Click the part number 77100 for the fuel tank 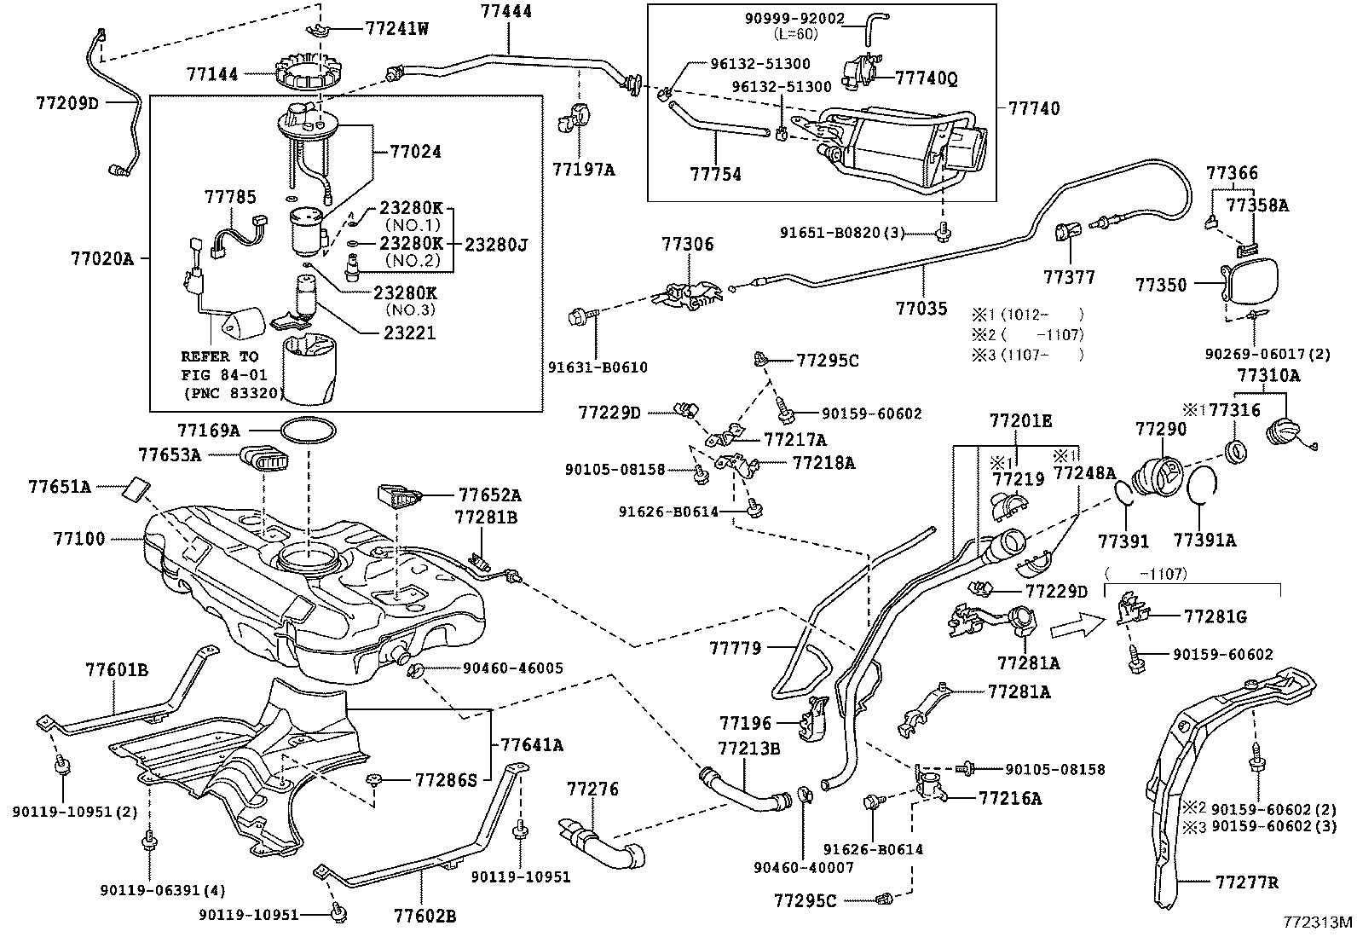click(78, 538)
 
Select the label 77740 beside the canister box click(1033, 108)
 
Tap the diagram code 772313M click(1319, 922)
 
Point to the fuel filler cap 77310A click(1278, 425)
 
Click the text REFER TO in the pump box click(219, 357)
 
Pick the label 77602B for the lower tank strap click(424, 917)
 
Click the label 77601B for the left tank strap click(117, 670)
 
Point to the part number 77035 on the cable click(921, 309)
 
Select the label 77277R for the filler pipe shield click(1247, 882)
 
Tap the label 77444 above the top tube click(505, 11)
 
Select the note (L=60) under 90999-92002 click(796, 33)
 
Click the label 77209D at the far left click(67, 103)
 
